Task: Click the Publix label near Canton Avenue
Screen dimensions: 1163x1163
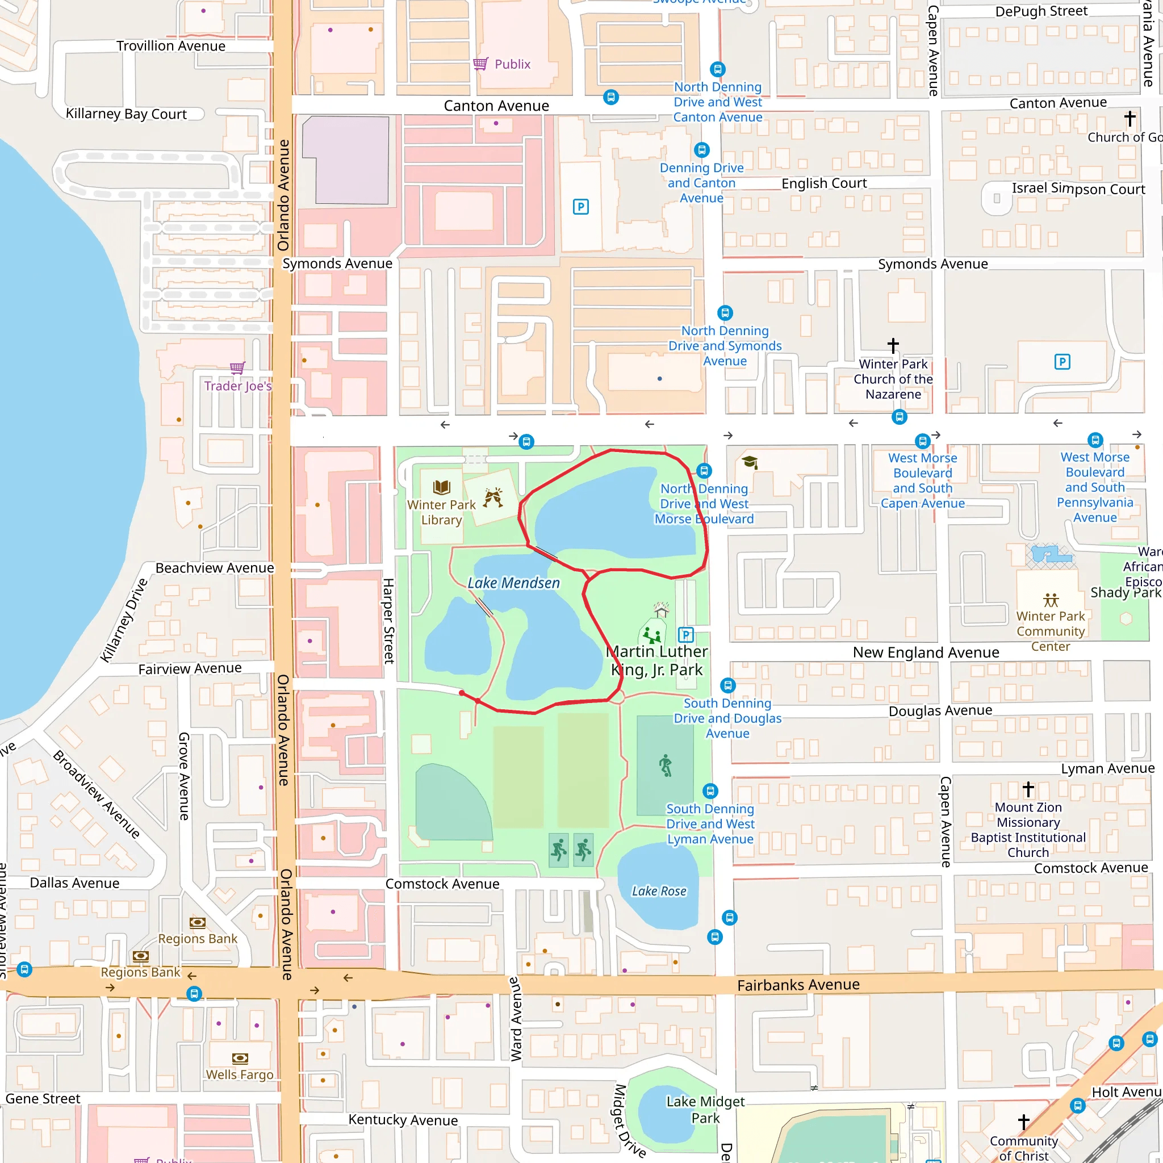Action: pos(512,64)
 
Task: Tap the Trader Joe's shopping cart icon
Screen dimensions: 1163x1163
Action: pos(237,367)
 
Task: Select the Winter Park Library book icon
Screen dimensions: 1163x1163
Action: pos(441,487)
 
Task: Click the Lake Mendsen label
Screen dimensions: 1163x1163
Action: pos(513,583)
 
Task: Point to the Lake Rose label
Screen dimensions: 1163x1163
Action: pos(659,891)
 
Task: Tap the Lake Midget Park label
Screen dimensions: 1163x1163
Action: pos(705,1110)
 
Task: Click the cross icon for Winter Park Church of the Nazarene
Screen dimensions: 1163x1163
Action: pos(893,345)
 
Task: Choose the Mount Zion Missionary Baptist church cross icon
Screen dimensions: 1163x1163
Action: pos(1028,789)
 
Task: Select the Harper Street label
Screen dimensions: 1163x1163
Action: pos(389,621)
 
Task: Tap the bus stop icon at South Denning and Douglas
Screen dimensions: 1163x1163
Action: pos(728,685)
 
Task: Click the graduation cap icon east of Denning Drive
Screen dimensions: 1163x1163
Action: pos(750,462)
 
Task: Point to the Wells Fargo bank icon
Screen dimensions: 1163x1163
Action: pos(240,1059)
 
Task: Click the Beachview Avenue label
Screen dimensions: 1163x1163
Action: pos(214,568)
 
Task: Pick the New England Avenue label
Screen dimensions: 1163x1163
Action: pos(925,652)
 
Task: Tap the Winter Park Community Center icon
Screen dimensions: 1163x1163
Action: pos(1051,600)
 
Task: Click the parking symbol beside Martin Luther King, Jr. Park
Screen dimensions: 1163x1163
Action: pos(685,634)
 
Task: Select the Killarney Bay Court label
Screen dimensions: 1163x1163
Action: pos(126,114)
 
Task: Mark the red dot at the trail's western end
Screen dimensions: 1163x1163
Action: pos(462,693)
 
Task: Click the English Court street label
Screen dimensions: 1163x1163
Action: pos(823,183)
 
